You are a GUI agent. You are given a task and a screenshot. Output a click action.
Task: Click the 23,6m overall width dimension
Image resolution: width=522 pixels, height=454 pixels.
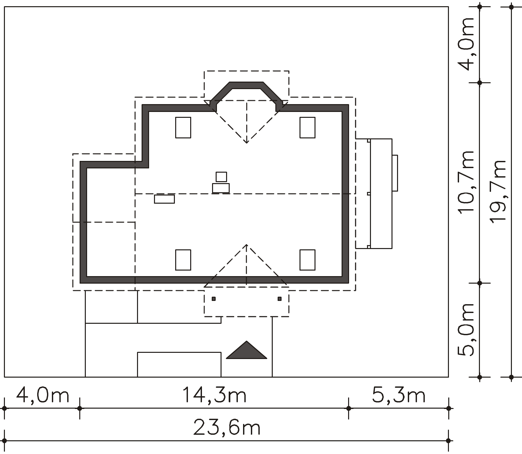point(227,428)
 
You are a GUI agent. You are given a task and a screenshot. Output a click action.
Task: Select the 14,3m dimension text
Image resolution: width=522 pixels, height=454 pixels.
point(214,395)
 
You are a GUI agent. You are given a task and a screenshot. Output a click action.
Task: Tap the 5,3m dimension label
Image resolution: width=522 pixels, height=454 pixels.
point(399,395)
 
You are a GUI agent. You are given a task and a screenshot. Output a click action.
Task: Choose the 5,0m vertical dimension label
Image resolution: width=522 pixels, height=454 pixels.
point(466,330)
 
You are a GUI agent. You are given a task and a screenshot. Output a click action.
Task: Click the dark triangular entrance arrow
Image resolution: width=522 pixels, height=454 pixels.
point(247,350)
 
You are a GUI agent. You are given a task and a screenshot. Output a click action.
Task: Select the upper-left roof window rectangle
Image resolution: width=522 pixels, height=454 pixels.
point(183,128)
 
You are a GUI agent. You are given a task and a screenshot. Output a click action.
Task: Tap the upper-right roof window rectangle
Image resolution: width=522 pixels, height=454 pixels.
point(307,128)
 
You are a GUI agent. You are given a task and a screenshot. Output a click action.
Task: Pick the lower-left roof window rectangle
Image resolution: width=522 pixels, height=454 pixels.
point(183,260)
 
